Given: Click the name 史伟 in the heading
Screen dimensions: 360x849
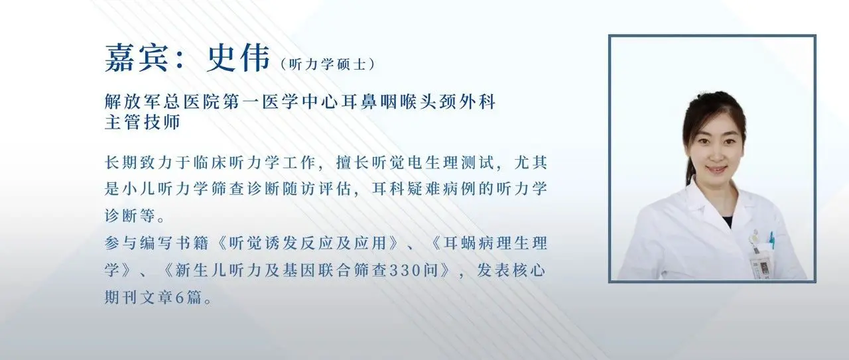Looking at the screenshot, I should (x=228, y=58).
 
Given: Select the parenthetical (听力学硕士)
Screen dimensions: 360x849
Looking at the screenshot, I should (x=328, y=64).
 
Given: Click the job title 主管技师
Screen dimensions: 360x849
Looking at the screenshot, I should (x=143, y=123).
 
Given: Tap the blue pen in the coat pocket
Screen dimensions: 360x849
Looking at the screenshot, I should (x=771, y=239).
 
